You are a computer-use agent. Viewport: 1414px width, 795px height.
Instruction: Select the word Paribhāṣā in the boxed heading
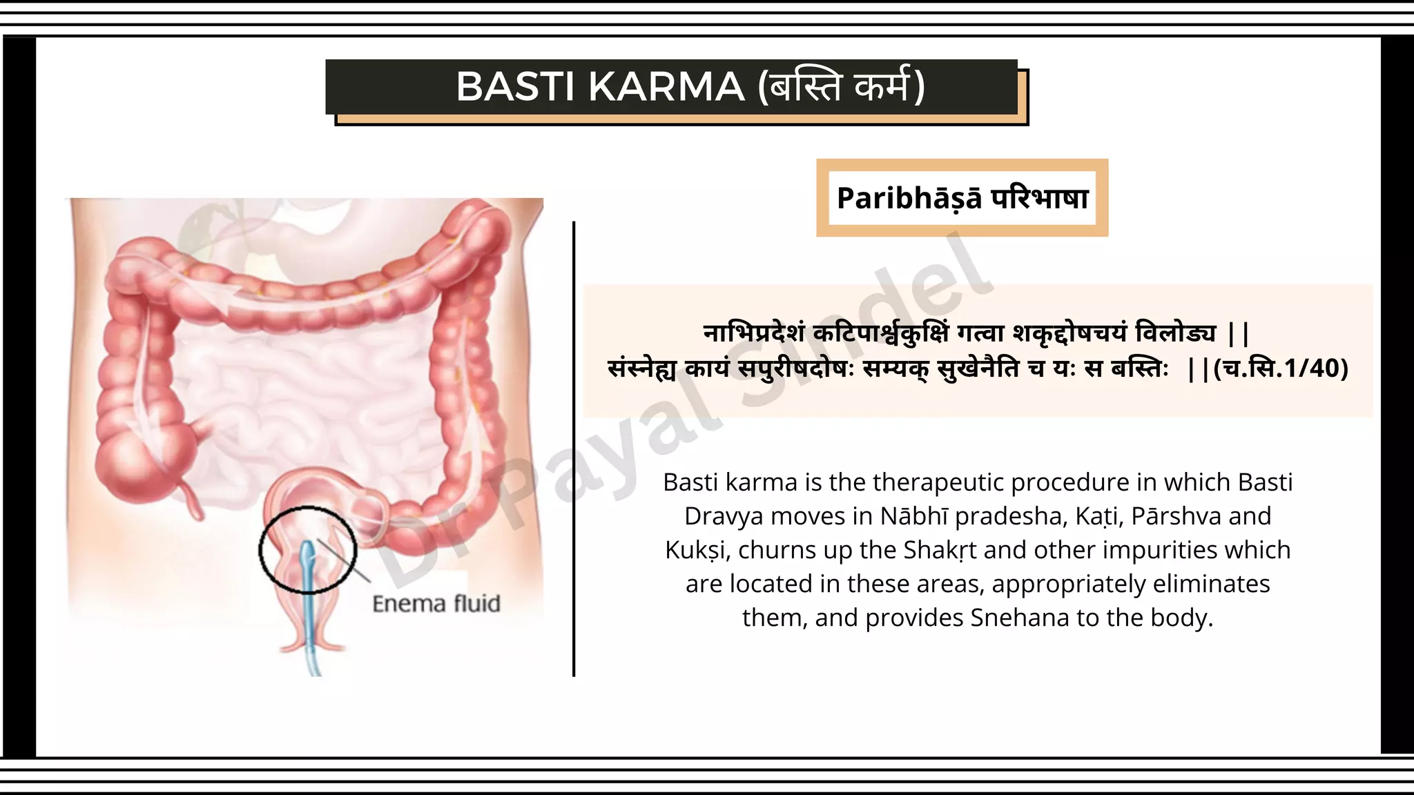point(909,199)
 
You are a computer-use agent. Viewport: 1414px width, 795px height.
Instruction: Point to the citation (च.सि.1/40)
point(1280,369)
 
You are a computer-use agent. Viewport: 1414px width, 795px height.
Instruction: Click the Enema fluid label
point(436,604)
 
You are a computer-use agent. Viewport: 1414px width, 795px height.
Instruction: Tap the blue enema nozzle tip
point(309,552)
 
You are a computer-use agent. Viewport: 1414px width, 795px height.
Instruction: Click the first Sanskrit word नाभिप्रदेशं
point(754,334)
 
